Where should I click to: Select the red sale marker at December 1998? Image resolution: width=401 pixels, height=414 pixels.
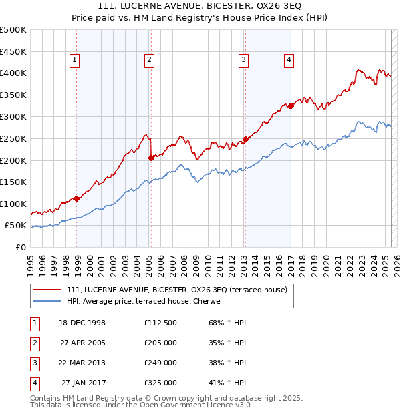77,198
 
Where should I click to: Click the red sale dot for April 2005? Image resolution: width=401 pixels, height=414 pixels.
151,158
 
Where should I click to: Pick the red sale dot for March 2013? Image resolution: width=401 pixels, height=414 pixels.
245,139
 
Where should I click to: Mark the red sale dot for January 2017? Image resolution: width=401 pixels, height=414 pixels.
291,105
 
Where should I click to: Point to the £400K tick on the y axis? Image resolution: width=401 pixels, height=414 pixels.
13,73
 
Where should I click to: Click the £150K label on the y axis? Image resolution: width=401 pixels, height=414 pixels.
13,182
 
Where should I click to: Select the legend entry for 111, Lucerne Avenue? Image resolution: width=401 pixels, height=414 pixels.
176,290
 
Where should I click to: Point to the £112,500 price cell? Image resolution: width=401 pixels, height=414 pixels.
160,323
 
